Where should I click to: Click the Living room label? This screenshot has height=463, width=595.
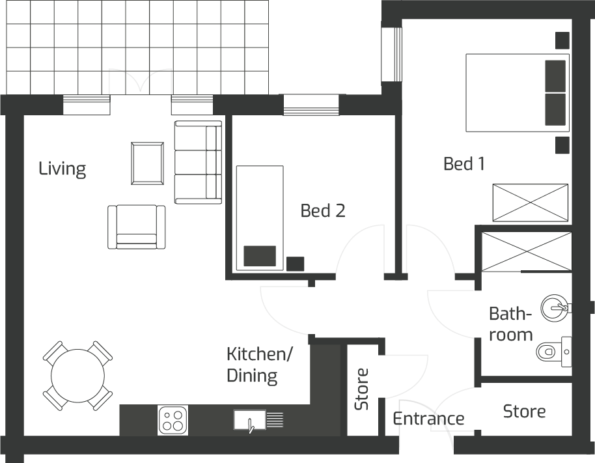click(x=62, y=169)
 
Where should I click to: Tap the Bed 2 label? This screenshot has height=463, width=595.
click(x=322, y=210)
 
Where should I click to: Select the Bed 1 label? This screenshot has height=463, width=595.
click(x=464, y=163)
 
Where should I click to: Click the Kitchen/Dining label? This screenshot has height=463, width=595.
click(x=259, y=365)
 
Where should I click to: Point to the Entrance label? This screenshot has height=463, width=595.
click(x=428, y=418)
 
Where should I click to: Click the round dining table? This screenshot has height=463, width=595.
click(x=77, y=376)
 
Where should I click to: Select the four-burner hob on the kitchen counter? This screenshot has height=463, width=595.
click(x=173, y=420)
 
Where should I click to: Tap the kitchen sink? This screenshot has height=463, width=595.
click(x=249, y=420)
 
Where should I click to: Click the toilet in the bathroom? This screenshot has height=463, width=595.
click(x=553, y=352)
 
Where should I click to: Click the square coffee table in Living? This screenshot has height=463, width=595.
click(x=148, y=163)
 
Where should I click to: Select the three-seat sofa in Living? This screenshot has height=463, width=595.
click(x=199, y=162)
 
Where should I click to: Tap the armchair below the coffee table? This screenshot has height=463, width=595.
click(x=137, y=227)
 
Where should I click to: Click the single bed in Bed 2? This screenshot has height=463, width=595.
click(x=259, y=217)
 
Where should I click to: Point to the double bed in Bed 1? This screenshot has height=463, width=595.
click(x=517, y=92)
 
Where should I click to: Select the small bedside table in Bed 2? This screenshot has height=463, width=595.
click(x=295, y=264)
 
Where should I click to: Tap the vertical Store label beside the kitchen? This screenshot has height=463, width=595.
click(x=361, y=389)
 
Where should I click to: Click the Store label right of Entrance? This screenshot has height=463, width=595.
click(x=524, y=412)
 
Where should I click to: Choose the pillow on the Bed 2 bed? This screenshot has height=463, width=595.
click(x=259, y=256)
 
